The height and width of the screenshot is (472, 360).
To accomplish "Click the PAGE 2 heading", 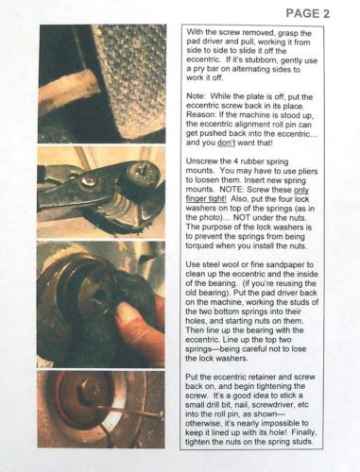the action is [x=307, y=13].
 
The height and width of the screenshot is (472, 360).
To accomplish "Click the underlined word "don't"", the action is [x=226, y=143].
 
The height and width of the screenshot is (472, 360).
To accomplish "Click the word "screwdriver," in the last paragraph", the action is [x=271, y=405].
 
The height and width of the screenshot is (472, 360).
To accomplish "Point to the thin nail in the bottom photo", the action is [x=130, y=412].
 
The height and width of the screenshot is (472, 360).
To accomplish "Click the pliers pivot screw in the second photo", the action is [x=87, y=180].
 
